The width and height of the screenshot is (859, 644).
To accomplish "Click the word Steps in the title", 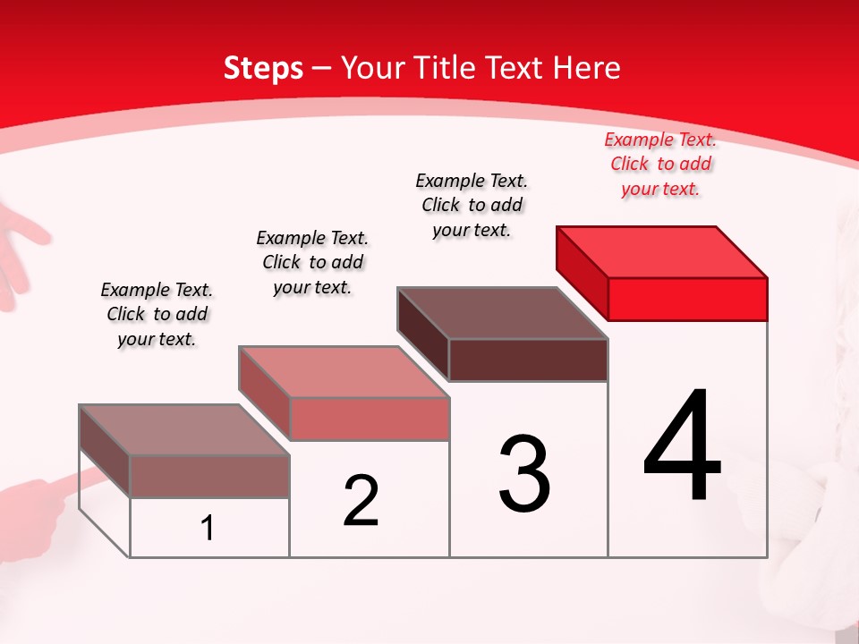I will click(x=263, y=68).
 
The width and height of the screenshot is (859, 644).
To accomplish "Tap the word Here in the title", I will click(x=586, y=68).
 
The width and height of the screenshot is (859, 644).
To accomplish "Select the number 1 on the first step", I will click(x=208, y=528).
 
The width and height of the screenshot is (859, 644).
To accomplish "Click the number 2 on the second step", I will click(x=361, y=501).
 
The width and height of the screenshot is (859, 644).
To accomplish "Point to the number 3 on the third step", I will click(x=523, y=474).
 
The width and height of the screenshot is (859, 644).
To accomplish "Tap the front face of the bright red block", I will click(x=687, y=299).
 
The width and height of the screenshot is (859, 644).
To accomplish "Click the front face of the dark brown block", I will click(x=528, y=360).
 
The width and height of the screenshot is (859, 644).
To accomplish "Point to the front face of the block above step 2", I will click(x=369, y=419).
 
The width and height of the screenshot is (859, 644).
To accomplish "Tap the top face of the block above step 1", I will click(x=184, y=430).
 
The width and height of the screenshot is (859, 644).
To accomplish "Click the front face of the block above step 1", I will click(x=209, y=476).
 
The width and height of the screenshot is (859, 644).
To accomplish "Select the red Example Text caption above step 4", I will click(x=660, y=164).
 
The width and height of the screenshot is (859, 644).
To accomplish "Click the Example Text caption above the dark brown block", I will click(x=472, y=205).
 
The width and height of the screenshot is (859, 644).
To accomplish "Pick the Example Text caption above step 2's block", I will click(x=312, y=262).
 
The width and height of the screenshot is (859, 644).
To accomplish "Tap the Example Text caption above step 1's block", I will click(x=157, y=314).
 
